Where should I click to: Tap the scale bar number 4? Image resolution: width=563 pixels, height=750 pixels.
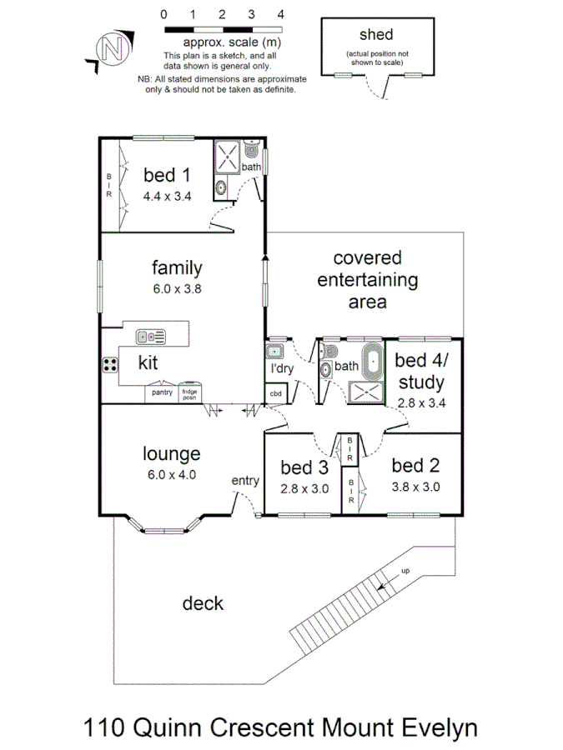pos(280,14)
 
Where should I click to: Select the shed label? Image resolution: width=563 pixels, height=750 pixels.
pos(375,35)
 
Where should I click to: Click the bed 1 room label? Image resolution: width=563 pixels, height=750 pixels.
pos(167,175)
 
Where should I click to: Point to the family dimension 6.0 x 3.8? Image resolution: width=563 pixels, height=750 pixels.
pos(176,289)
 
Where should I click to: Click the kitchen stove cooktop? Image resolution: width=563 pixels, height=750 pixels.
pos(110,364)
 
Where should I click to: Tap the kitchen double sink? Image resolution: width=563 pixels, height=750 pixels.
pos(151,337)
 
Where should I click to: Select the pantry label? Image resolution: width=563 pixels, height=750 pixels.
pos(162,392)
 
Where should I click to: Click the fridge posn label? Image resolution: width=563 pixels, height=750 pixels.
pos(190,393)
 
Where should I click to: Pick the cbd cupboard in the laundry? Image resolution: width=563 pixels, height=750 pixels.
pos(274,393)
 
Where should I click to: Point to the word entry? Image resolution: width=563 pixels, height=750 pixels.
pos(245,481)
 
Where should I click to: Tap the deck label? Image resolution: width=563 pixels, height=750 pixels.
pos(203,602)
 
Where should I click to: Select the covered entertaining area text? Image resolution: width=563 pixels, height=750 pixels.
pos(367,279)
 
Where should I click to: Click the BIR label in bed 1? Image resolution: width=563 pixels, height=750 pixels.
pos(108,186)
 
